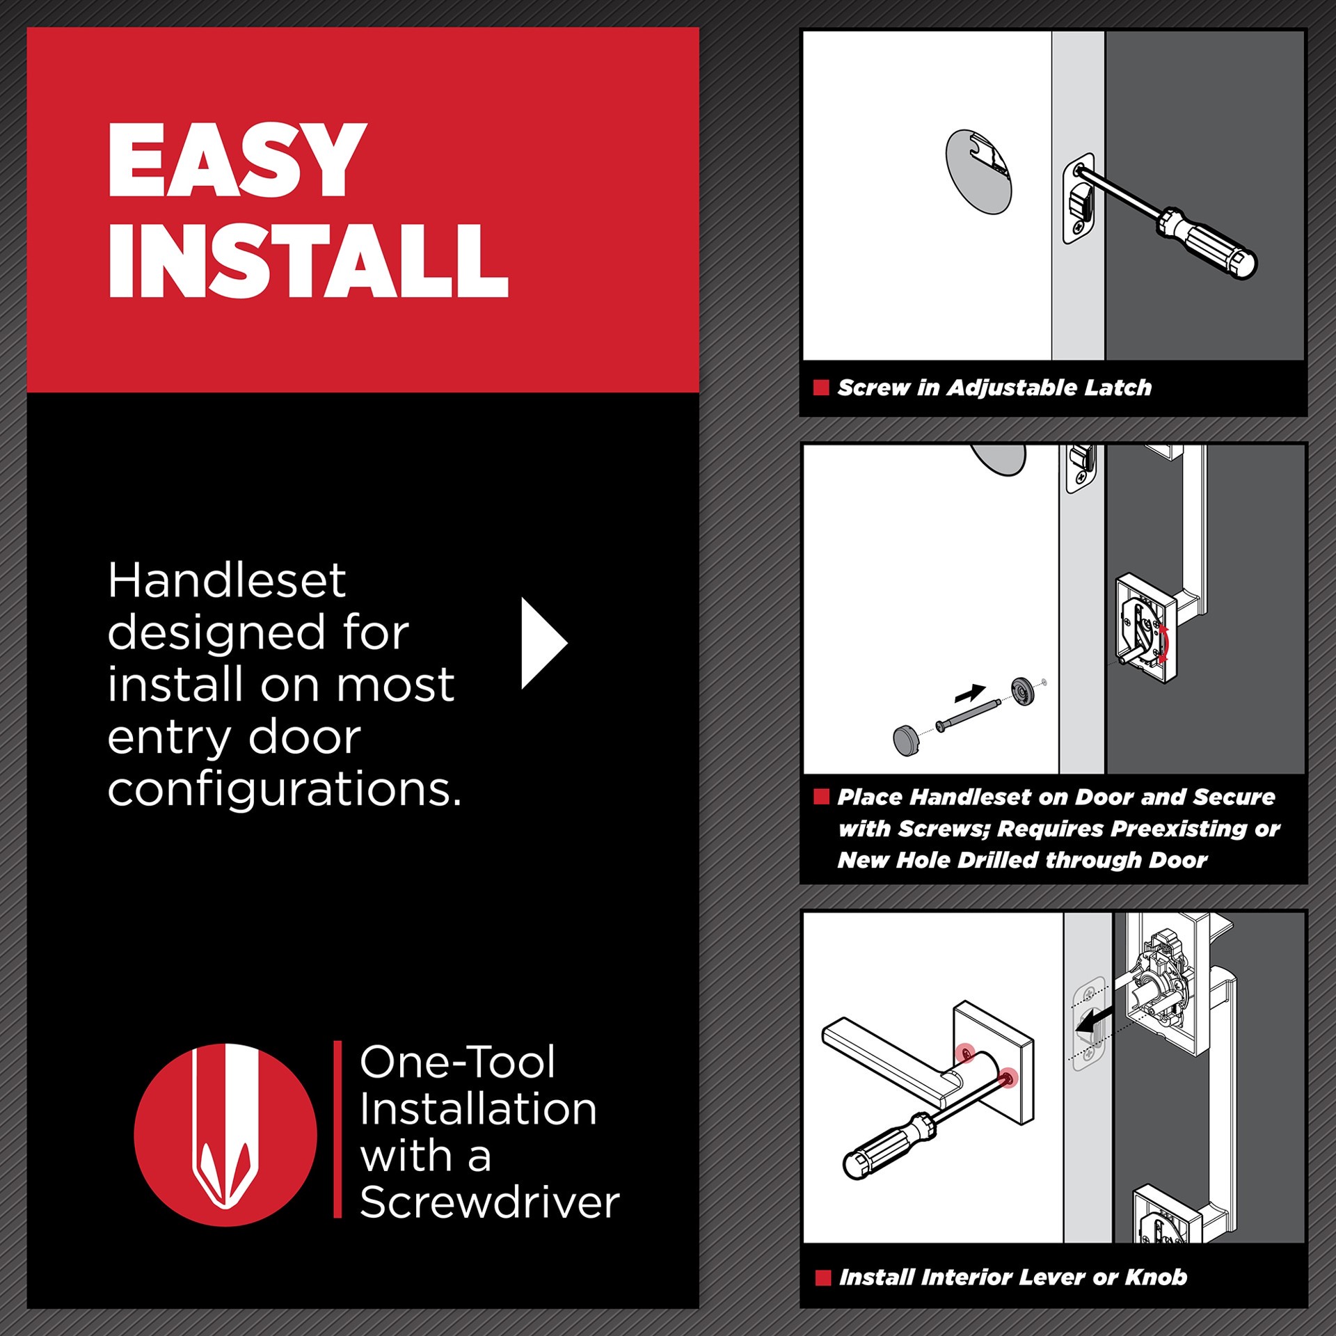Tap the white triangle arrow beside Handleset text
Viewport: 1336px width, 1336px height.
point(542,643)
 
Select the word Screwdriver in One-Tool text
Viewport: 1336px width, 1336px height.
point(489,1203)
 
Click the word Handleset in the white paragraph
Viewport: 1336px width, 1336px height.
point(226,581)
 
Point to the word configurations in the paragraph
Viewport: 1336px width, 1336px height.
point(284,790)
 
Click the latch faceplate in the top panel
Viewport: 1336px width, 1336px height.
point(1078,198)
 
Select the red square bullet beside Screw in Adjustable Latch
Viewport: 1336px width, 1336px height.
point(821,388)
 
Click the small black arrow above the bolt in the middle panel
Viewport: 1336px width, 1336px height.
point(970,693)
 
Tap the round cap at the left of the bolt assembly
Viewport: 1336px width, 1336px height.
point(906,740)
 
